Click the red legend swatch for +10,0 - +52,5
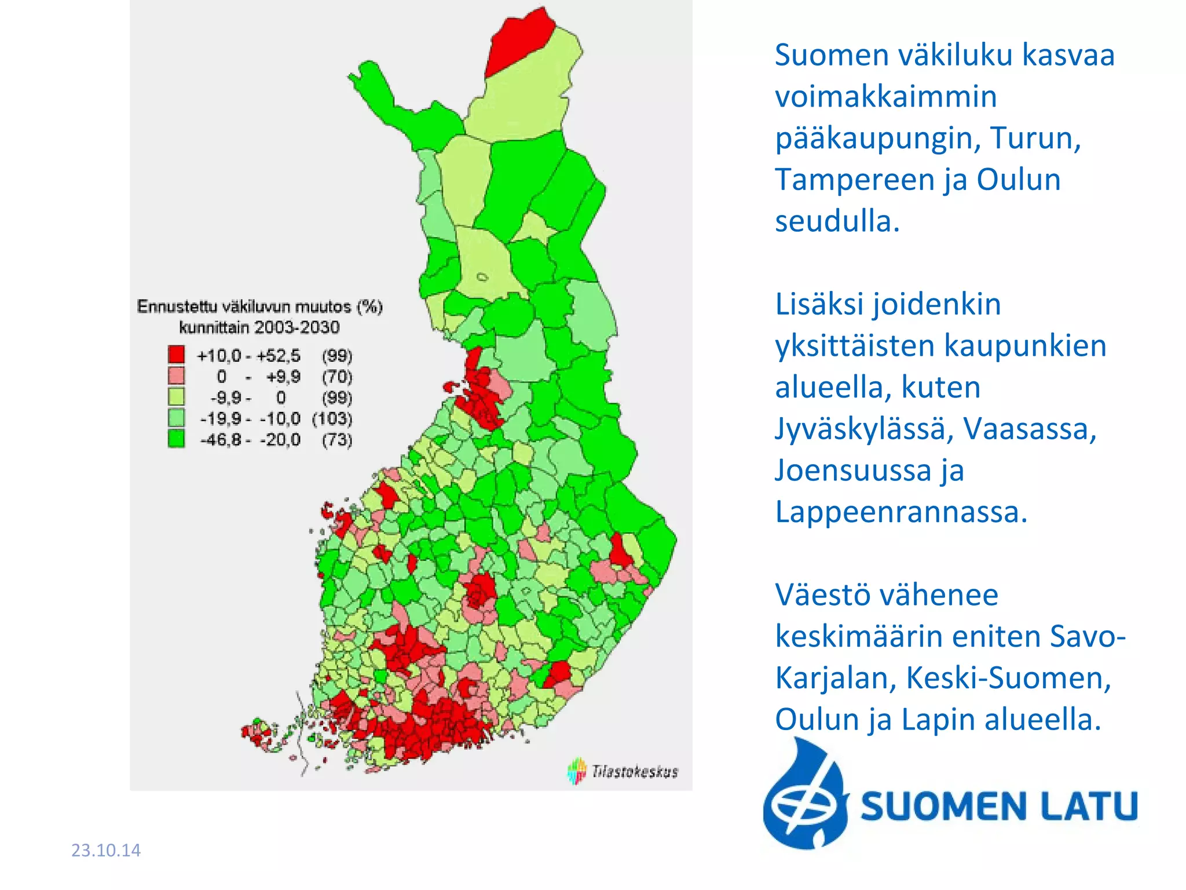click(x=176, y=355)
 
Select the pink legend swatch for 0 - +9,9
click(x=176, y=375)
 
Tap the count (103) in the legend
click(x=332, y=418)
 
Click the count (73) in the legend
click(x=336, y=439)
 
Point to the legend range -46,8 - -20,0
click(x=250, y=439)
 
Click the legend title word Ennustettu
click(x=177, y=307)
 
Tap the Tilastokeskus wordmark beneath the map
click(x=635, y=771)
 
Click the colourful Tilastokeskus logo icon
click(x=577, y=771)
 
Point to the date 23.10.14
click(x=105, y=850)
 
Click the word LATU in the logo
click(x=1088, y=806)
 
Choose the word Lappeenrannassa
click(x=901, y=512)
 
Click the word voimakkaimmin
click(x=886, y=96)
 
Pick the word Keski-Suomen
click(x=1008, y=677)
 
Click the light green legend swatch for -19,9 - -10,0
click(x=176, y=418)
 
